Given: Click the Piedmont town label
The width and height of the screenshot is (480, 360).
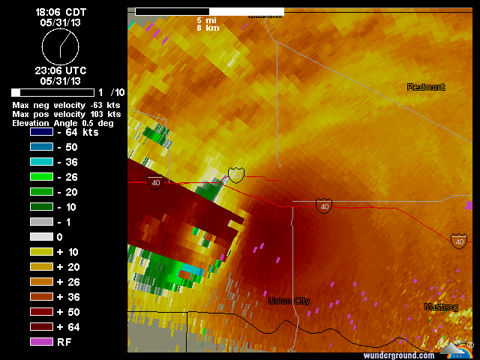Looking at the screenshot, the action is click(426, 88).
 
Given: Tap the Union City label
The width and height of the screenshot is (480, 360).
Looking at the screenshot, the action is click(289, 301).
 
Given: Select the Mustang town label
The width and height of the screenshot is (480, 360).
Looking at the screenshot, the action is click(440, 307).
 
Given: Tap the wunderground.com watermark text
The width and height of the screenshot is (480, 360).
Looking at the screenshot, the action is click(398, 355).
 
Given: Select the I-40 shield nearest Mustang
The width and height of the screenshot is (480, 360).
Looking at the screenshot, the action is click(458, 241).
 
